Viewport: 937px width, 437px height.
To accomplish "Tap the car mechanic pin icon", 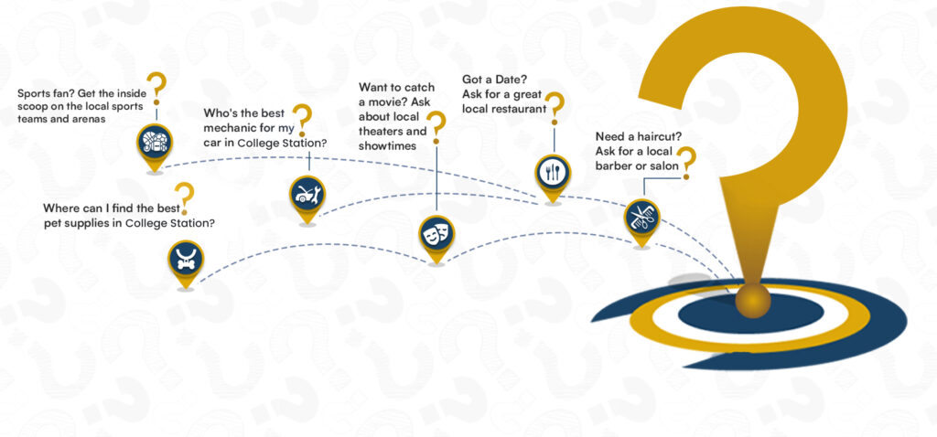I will pyautogui.click(x=307, y=194).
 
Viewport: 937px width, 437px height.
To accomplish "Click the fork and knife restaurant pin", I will pyautogui.click(x=553, y=172).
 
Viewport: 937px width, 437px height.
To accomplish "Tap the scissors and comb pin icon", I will pyautogui.click(x=641, y=218).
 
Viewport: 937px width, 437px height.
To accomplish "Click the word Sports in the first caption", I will pyautogui.click(x=35, y=93).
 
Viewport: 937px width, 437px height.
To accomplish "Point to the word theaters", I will pyautogui.click(x=384, y=131).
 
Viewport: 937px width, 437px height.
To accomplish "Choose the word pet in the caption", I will pyautogui.click(x=55, y=223).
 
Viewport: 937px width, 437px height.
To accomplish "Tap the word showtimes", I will pyautogui.click(x=387, y=145).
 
